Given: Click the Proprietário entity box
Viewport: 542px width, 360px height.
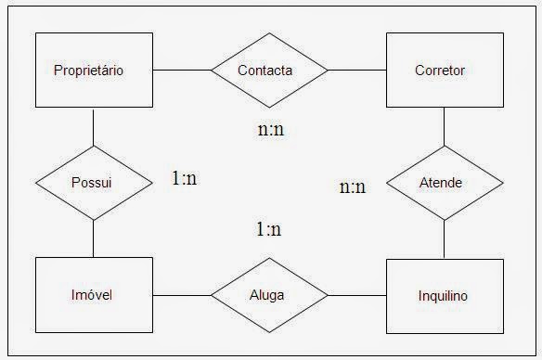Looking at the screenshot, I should click(x=94, y=70).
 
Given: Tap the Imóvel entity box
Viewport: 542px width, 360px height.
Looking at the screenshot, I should click(x=94, y=295).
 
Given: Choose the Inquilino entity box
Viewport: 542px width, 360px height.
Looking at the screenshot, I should click(x=444, y=296).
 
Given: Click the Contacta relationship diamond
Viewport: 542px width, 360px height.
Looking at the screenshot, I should click(x=269, y=70).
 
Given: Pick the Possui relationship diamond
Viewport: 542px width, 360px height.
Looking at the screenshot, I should click(x=94, y=183).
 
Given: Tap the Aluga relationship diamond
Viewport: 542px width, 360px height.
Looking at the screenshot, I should click(x=269, y=295).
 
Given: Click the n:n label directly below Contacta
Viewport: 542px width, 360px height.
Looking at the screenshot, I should click(x=270, y=129).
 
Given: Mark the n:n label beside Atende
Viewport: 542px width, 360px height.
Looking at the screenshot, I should click(x=353, y=187).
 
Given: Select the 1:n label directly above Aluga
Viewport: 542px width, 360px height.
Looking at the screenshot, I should click(x=269, y=229).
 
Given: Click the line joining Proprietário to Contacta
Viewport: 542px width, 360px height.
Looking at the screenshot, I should click(x=182, y=70).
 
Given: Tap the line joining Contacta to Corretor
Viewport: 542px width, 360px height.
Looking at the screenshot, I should click(x=356, y=70).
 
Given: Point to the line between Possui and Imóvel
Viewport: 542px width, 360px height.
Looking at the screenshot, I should click(x=94, y=238).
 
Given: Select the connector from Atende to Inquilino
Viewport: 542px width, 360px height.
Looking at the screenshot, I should click(x=444, y=239).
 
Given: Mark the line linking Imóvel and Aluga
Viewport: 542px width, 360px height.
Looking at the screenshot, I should click(x=182, y=295).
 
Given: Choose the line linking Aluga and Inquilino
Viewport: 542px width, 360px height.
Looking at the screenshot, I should click(x=356, y=295).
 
